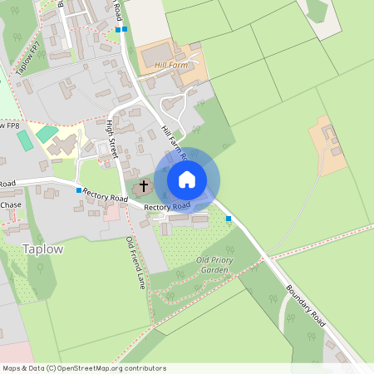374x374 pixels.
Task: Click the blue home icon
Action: coord(187,180)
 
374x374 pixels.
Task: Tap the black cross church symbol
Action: coord(144,185)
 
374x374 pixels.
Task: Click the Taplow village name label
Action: coord(42,249)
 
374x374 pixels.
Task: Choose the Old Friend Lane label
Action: coord(135,262)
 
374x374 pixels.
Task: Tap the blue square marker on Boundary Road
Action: coord(229,219)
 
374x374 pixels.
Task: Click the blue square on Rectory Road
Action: coord(79,190)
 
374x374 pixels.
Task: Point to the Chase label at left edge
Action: coord(11,204)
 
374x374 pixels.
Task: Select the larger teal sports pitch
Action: coord(47,133)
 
